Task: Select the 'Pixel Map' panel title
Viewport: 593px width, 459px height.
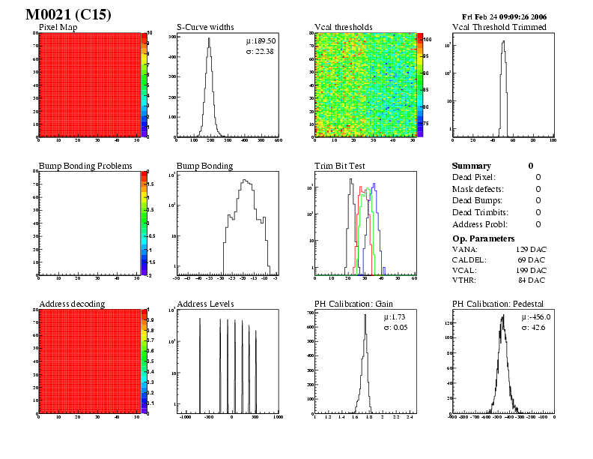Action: (58, 28)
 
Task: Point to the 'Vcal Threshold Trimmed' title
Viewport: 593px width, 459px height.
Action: (499, 28)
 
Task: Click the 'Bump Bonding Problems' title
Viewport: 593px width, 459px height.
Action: (85, 166)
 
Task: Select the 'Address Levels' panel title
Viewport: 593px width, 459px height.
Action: (205, 304)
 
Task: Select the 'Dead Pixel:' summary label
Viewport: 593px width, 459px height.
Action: (474, 177)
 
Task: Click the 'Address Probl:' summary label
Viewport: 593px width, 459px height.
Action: (480, 224)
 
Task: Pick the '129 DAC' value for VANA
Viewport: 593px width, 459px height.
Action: (531, 248)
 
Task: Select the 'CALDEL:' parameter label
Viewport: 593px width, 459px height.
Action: (469, 259)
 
